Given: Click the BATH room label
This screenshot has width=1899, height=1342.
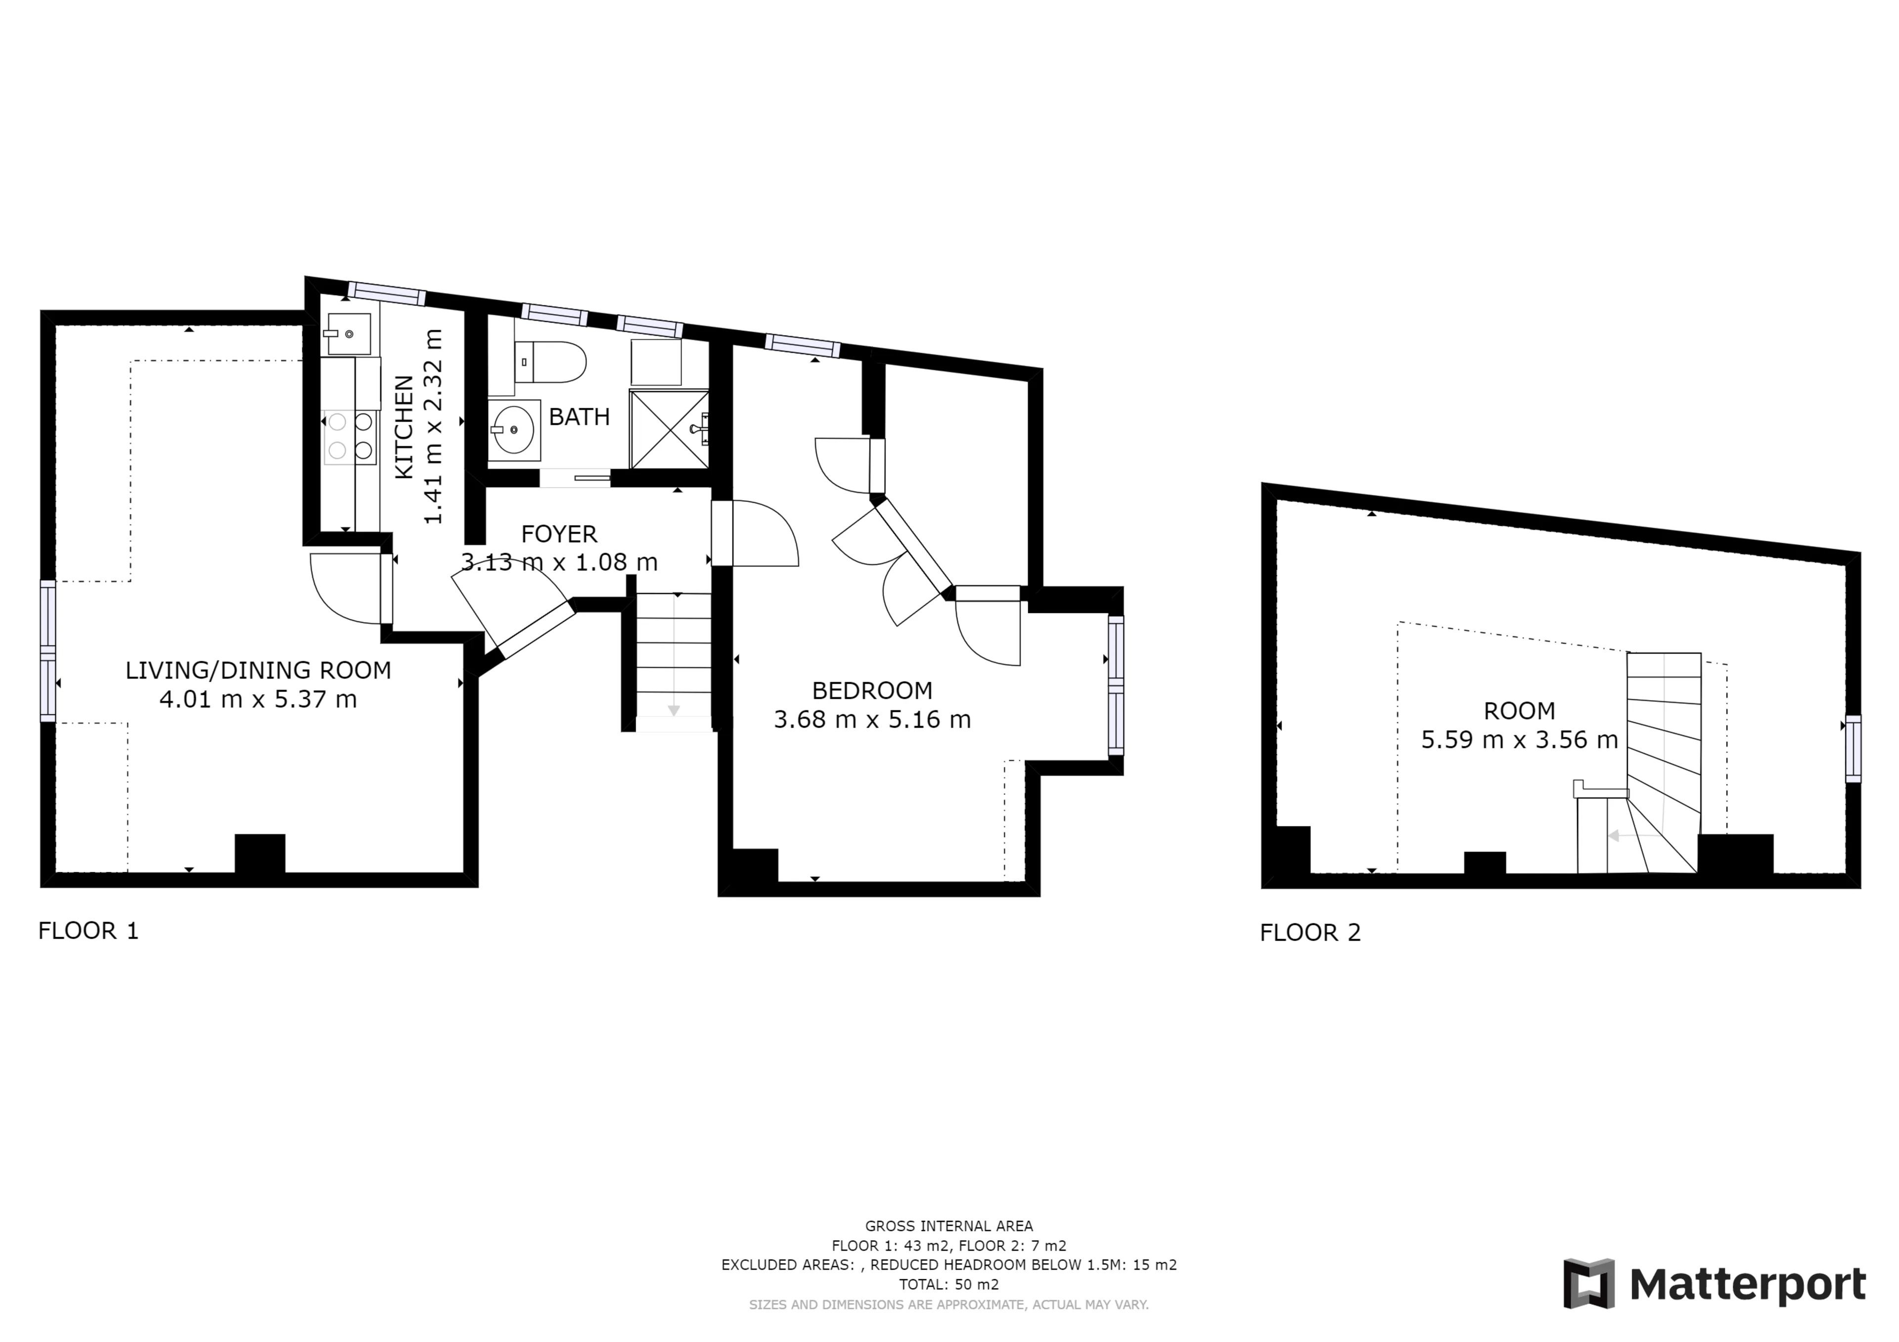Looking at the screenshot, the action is (x=579, y=417).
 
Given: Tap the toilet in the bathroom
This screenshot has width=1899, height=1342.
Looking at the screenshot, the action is (x=550, y=362).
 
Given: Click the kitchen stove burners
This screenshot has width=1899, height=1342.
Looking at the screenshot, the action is (x=350, y=436).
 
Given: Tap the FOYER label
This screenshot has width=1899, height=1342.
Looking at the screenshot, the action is (x=559, y=534).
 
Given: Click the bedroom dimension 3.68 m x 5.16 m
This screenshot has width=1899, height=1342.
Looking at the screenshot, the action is (x=872, y=719).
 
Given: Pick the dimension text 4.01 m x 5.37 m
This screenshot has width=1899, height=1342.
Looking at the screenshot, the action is (x=258, y=699).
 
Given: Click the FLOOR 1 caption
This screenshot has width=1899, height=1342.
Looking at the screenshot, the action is (x=89, y=931).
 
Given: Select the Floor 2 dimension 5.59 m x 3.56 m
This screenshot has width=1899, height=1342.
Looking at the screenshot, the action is (x=1519, y=739).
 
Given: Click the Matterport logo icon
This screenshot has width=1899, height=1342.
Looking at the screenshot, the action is (x=1589, y=1284).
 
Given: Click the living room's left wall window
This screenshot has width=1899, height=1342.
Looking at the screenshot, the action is (x=48, y=651).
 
